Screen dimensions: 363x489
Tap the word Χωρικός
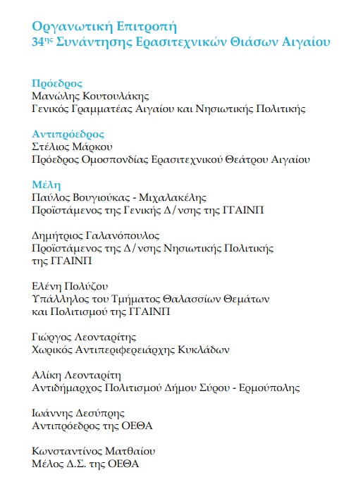click(x=53, y=349)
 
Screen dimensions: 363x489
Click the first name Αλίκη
click(x=47, y=375)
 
